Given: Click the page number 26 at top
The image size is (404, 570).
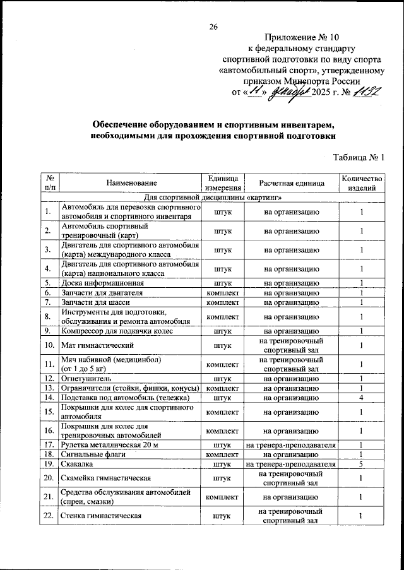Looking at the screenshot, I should (213, 27).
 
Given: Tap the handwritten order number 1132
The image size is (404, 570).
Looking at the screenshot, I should (365, 92).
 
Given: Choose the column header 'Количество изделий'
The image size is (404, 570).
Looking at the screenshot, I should (362, 183).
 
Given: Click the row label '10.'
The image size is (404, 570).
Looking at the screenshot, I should (48, 345).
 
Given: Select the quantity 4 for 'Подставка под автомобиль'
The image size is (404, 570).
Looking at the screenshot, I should (362, 398).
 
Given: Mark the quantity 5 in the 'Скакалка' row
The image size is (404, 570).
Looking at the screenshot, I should (362, 463).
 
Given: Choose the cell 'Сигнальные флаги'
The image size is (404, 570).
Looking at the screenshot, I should (92, 454).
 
